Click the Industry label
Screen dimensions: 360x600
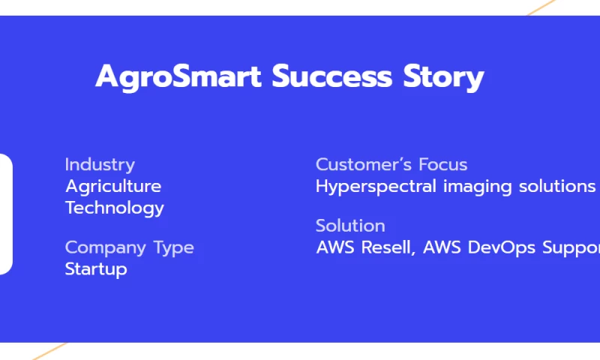click(100, 164)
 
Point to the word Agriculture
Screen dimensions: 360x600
click(113, 186)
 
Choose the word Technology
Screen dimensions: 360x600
click(115, 208)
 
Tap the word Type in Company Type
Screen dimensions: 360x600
click(174, 248)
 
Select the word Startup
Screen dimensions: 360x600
click(96, 269)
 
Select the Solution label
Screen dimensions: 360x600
click(350, 226)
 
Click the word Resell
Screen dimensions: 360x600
click(388, 247)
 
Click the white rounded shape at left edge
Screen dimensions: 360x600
click(5, 214)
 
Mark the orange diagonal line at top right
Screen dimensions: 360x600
click(541, 7)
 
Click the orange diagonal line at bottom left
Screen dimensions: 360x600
click(49, 350)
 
